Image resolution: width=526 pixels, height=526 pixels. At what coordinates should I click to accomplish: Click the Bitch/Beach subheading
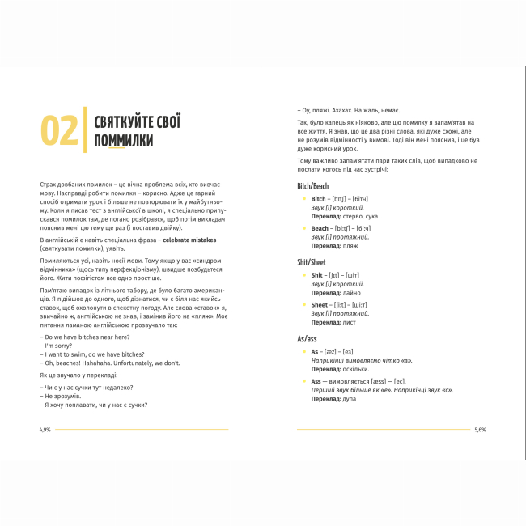point(313,185)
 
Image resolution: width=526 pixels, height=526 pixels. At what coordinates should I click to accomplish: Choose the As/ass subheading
point(308,340)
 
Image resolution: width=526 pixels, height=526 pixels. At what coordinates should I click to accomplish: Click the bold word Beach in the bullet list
point(319,229)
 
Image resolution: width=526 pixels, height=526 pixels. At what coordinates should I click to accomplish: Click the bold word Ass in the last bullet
point(316,380)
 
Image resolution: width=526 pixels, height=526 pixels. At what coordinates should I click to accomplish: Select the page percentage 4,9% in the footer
point(45,430)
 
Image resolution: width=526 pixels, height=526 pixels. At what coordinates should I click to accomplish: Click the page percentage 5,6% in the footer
point(480,430)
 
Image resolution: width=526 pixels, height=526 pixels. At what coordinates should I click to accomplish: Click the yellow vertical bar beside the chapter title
point(85,130)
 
